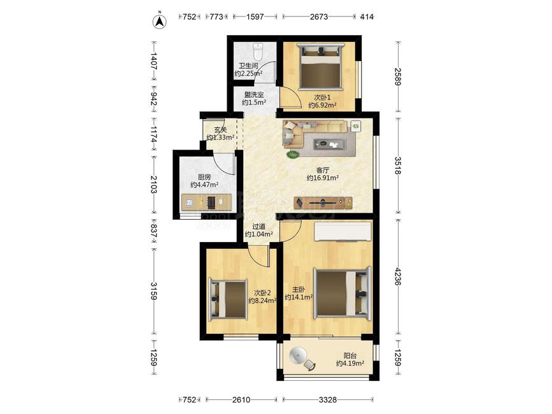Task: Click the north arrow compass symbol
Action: point(159,21)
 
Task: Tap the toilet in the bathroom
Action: point(258,52)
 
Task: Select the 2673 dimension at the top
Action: point(319,17)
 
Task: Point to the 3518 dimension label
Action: point(398,166)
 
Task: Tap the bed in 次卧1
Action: point(320,66)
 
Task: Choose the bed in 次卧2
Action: point(229,299)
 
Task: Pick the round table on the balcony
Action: point(299,355)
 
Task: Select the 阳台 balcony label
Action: point(350,356)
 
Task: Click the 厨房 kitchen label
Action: point(204,177)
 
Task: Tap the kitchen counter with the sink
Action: point(207,202)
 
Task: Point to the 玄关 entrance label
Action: point(220,130)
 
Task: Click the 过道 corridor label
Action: point(258,227)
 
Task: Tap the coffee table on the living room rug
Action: point(330,144)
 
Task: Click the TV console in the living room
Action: point(323,203)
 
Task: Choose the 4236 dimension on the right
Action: point(398,276)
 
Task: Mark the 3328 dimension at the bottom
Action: point(328,400)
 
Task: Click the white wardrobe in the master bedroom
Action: point(343,232)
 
